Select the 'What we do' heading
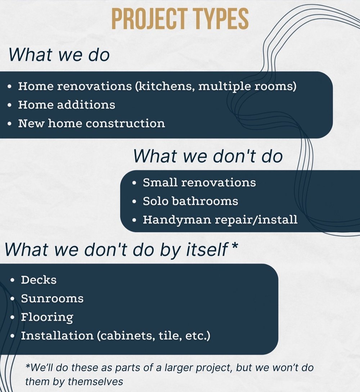click(x=59, y=54)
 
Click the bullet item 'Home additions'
click(x=67, y=104)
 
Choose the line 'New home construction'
click(x=91, y=123)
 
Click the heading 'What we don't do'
click(x=208, y=156)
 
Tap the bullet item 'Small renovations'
click(x=199, y=182)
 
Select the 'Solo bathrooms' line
click(x=190, y=201)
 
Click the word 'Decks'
click(x=39, y=280)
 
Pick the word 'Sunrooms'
click(x=52, y=298)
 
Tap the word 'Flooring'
click(x=47, y=317)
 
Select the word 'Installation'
click(x=57, y=335)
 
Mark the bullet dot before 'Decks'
click(x=13, y=280)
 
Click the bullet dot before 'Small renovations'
click(x=134, y=183)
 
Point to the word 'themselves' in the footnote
click(x=95, y=382)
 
